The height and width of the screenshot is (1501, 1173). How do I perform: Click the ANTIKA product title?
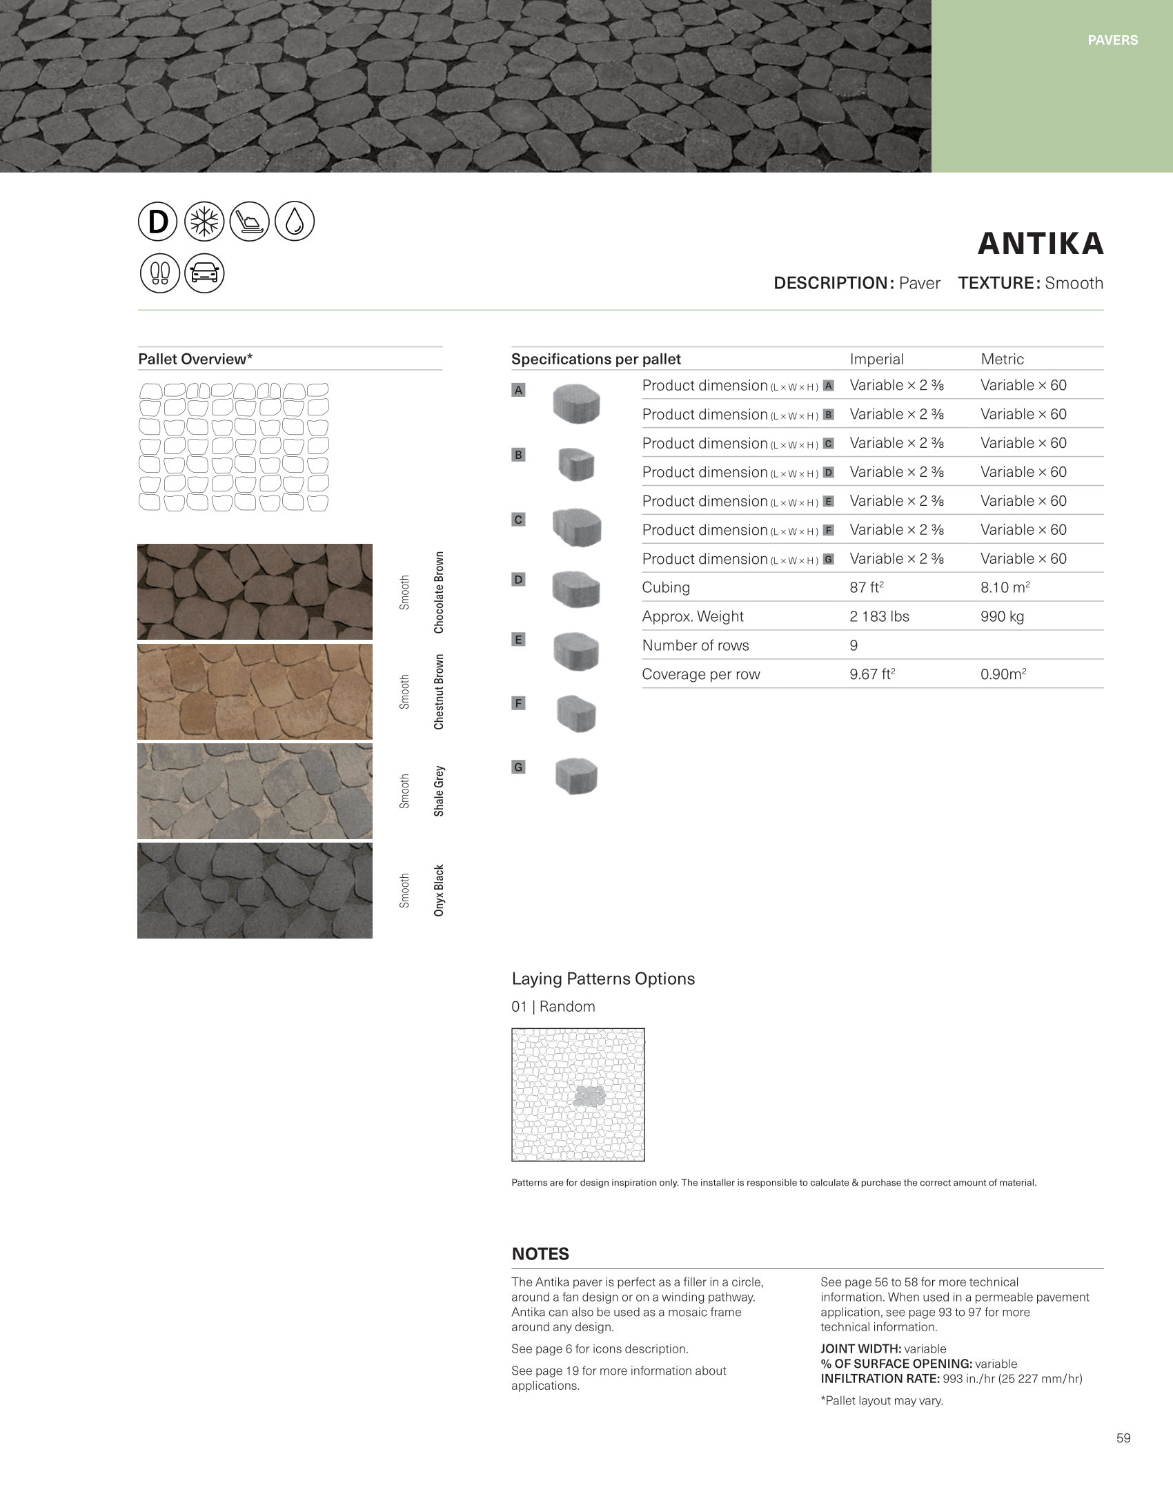click(x=1041, y=244)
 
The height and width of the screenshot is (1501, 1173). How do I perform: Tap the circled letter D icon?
click(x=158, y=222)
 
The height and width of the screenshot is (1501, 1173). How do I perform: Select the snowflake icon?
click(x=204, y=222)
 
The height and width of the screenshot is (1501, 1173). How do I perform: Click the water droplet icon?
click(x=295, y=222)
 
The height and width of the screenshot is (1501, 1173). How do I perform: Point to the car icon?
click(x=204, y=273)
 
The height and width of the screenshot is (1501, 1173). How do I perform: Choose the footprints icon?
click(x=159, y=273)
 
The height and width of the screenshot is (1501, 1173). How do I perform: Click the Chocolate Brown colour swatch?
click(x=255, y=591)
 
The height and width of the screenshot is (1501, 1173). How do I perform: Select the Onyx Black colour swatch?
click(x=255, y=890)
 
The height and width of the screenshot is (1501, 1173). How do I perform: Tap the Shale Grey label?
click(x=439, y=791)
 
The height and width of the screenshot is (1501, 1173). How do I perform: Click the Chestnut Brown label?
click(x=439, y=691)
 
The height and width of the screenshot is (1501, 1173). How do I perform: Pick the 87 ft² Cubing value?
click(x=867, y=587)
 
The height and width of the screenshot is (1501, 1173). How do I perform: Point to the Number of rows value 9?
click(x=854, y=645)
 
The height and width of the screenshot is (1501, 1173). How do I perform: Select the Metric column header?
click(x=1002, y=359)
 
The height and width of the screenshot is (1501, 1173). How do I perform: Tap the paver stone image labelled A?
click(x=576, y=403)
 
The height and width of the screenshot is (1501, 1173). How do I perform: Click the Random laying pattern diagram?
click(x=578, y=1095)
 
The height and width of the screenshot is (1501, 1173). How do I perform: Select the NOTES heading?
click(x=540, y=1254)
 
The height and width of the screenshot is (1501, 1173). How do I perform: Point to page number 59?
click(x=1123, y=1438)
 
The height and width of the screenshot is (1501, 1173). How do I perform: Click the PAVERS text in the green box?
click(x=1112, y=40)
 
